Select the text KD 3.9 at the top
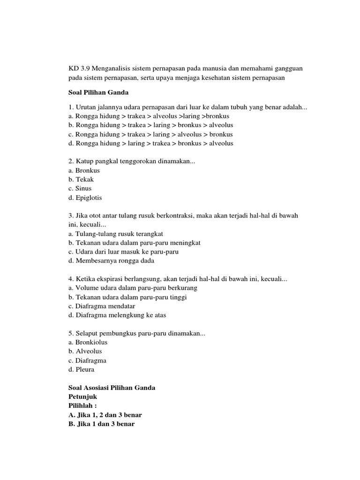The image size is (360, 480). click(x=78, y=68)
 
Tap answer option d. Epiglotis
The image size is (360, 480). click(x=85, y=198)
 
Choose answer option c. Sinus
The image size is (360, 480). click(x=80, y=188)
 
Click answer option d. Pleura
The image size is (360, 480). click(x=82, y=369)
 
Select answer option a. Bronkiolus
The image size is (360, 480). click(x=88, y=342)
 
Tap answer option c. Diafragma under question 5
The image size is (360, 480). click(x=87, y=360)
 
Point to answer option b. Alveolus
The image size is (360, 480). click(x=85, y=351)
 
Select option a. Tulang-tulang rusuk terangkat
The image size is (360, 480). click(x=115, y=233)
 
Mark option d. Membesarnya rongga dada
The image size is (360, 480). click(x=111, y=261)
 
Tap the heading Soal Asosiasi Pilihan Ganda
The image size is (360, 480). click(x=112, y=388)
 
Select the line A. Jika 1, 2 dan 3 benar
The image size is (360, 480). click(x=105, y=415)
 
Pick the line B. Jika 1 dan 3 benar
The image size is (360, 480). click(x=101, y=424)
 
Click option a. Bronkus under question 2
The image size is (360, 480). click(x=84, y=171)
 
